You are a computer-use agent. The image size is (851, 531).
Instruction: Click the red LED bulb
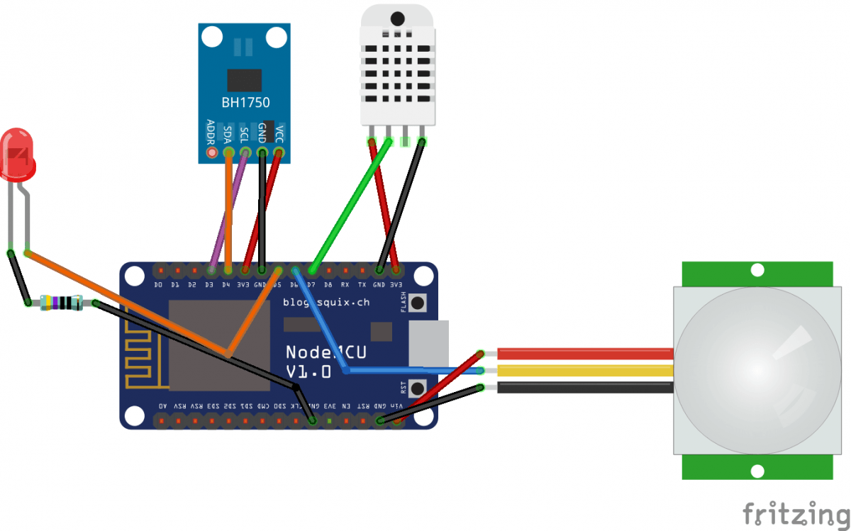pyautogui.click(x=18, y=154)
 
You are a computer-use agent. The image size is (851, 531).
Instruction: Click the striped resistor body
pyautogui.click(x=62, y=303)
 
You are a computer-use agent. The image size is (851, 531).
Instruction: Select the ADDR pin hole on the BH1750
pyautogui.click(x=211, y=152)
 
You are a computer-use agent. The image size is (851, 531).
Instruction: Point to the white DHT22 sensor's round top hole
pyautogui.click(x=397, y=18)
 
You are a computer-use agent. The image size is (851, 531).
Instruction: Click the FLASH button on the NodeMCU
pyautogui.click(x=418, y=303)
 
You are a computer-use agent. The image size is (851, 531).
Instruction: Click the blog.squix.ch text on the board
pyautogui.click(x=326, y=302)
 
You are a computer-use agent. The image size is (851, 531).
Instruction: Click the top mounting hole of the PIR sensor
pyautogui.click(x=757, y=270)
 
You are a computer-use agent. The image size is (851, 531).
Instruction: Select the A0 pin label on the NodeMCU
pyautogui.click(x=163, y=406)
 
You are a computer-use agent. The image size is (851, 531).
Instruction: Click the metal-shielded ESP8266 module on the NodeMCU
pyautogui.click(x=218, y=345)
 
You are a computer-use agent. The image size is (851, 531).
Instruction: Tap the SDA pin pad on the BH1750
pyautogui.click(x=228, y=152)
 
